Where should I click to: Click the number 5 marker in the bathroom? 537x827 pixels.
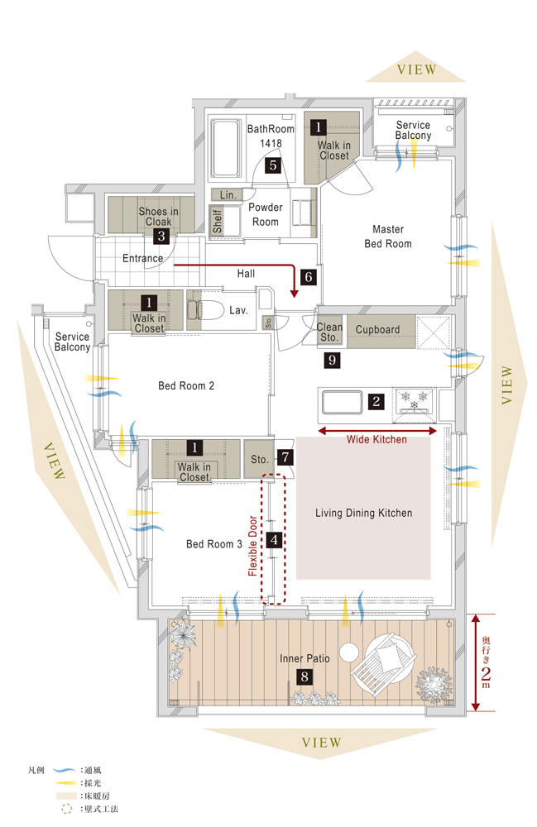[272, 165]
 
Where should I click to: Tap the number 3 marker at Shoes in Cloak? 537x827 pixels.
[161, 237]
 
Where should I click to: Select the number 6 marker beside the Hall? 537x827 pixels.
[309, 277]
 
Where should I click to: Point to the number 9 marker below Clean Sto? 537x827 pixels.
[332, 360]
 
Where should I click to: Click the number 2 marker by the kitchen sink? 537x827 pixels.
[376, 402]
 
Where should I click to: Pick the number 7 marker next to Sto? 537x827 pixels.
[285, 456]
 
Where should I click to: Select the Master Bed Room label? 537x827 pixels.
[388, 236]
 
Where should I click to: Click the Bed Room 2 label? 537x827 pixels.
[186, 385]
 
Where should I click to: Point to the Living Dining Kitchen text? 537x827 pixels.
[363, 514]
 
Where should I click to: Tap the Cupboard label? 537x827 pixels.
[377, 329]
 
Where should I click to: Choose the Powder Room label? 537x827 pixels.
[266, 214]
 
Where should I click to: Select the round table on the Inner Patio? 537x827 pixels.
[350, 651]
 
